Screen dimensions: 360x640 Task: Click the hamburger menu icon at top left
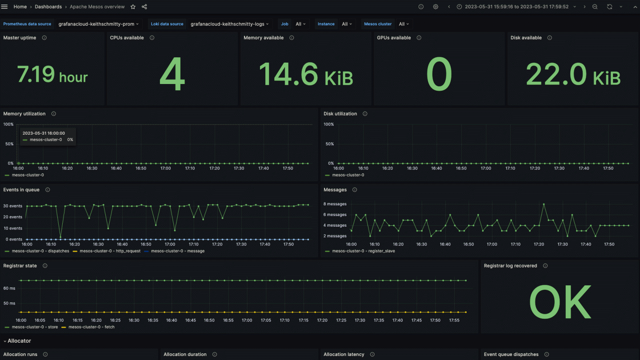5,7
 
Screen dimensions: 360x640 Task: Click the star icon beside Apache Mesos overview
133,7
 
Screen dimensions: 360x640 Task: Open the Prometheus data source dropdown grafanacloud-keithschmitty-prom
99,24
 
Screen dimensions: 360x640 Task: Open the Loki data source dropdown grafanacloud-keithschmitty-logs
229,24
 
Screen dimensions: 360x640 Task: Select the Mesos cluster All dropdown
404,24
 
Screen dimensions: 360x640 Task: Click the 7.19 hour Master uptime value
52,74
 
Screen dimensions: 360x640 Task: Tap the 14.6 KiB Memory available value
306,74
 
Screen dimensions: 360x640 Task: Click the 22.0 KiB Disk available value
573,74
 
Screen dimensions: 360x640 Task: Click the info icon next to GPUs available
419,38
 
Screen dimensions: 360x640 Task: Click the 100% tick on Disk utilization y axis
329,124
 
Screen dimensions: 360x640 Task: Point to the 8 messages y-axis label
335,204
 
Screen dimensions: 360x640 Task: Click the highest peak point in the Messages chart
544,204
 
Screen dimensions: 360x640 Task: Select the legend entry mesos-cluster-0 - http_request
110,251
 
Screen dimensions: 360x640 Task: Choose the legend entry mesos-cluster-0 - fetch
91,327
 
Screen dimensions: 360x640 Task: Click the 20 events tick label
12,217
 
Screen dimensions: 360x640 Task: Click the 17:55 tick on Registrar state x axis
454,320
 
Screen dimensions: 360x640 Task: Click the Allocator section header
19,341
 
